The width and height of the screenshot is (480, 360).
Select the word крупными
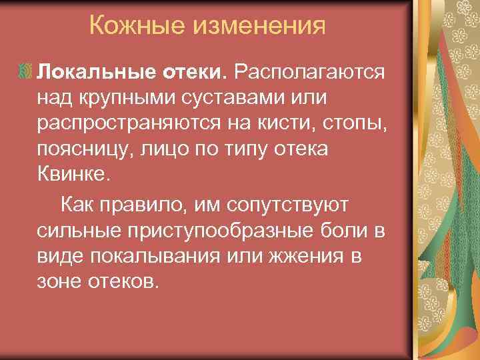click(x=132, y=98)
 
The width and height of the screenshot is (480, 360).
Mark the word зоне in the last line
click(x=59, y=283)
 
